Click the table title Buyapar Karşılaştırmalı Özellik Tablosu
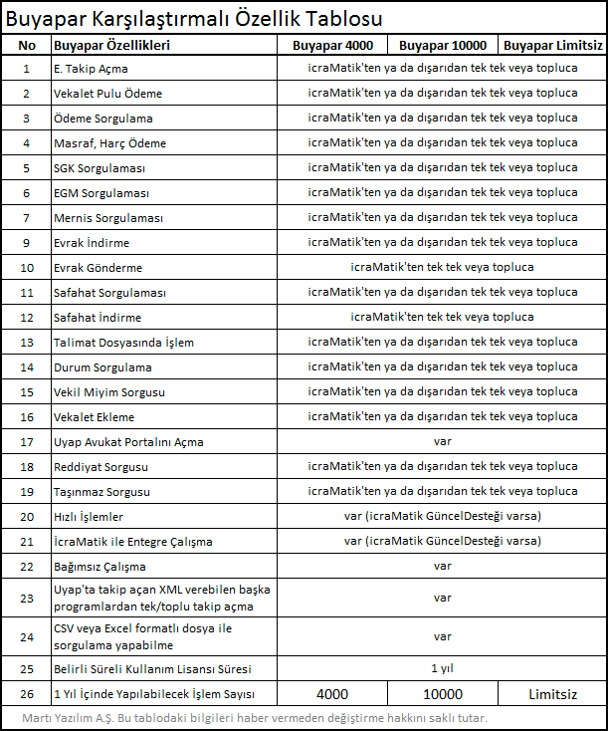coord(194,19)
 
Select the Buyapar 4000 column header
coord(333,46)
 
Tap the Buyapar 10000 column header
coord(443,46)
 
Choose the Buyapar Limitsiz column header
coord(553,46)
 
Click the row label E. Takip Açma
coord(91,69)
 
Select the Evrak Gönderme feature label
coord(98,268)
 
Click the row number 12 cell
coord(28,318)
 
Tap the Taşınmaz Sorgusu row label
coord(101,492)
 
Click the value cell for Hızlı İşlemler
coord(442,517)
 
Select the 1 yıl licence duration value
coord(442,668)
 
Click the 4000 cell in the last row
coord(332,694)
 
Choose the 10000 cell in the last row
coord(443,694)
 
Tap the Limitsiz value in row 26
coord(553,694)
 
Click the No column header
coord(28,46)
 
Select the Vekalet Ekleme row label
coord(94,417)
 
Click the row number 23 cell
coord(28,599)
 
